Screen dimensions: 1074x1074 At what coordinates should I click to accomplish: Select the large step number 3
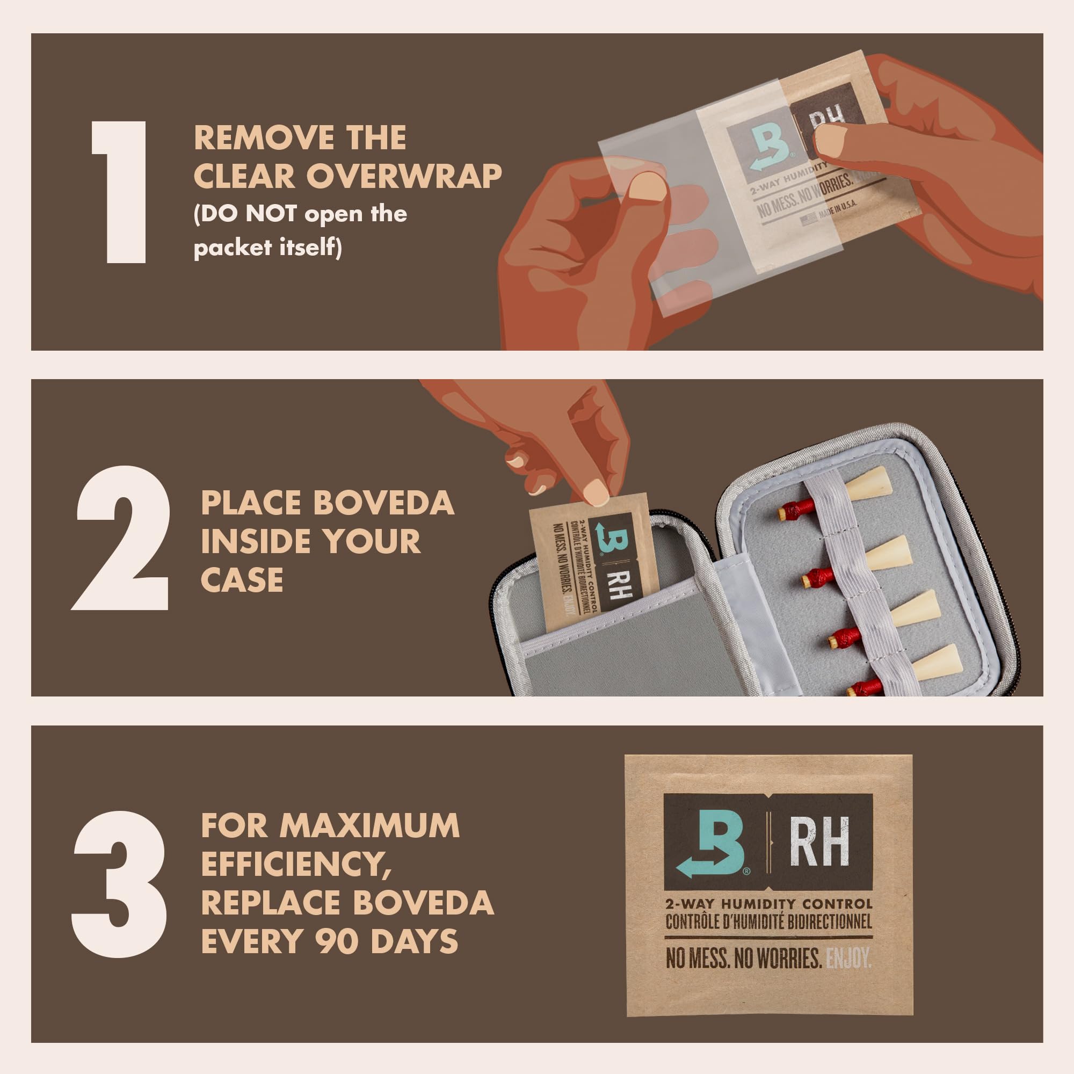[x=120, y=884]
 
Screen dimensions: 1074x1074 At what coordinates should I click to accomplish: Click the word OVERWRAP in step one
[x=404, y=177]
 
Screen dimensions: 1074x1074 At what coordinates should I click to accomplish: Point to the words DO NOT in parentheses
[x=249, y=214]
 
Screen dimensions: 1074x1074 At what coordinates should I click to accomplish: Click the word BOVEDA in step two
[x=383, y=503]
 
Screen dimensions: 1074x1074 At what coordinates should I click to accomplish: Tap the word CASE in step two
[x=242, y=580]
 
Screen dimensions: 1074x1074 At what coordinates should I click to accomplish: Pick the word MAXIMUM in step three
[x=369, y=825]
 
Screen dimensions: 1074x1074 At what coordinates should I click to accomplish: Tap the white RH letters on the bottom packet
[x=819, y=841]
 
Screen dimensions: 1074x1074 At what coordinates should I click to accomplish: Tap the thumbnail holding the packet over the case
[x=597, y=491]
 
